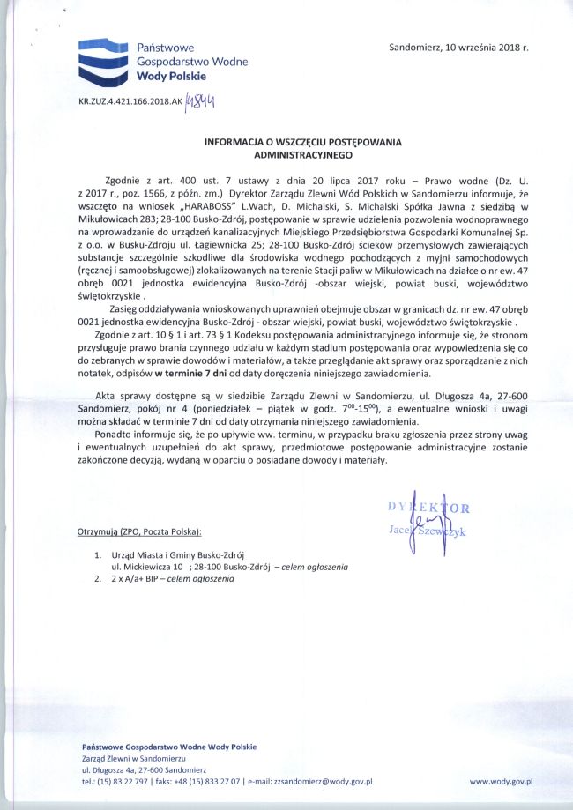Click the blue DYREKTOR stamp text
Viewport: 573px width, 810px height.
[x=428, y=507]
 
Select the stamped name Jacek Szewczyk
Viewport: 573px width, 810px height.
[x=428, y=531]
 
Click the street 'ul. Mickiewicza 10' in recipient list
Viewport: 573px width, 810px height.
[x=146, y=568]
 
